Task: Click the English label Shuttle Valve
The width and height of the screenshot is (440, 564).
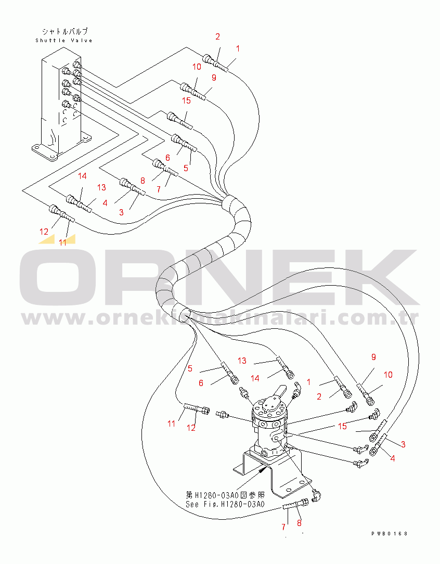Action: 64,41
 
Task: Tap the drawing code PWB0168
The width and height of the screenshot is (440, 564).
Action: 390,534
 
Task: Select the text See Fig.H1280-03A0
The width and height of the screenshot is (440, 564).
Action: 225,504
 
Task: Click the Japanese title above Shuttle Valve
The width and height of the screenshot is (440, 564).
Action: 64,32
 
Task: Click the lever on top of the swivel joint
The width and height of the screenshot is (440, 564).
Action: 276,393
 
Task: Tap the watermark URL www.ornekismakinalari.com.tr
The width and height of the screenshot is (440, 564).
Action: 220,318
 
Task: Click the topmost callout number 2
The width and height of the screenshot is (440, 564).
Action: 217,36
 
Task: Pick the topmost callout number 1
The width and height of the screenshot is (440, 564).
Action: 238,48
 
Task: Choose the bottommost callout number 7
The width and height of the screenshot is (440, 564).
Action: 283,527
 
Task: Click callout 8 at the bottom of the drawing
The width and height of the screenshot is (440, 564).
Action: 299,523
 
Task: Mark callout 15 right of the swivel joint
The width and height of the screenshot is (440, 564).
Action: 342,426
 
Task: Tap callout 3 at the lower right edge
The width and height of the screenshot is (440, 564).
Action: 404,444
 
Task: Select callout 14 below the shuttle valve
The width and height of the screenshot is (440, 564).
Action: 82,175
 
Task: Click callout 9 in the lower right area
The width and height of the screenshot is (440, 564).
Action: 373,357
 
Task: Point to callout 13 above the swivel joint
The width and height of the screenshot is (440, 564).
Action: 242,361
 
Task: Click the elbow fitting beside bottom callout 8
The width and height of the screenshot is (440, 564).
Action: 316,496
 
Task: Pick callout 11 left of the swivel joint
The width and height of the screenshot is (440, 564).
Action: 172,424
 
